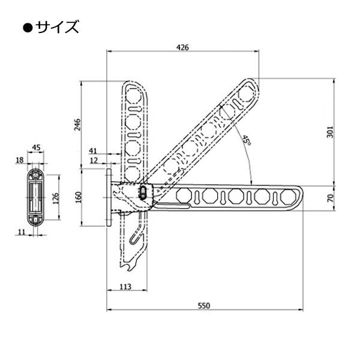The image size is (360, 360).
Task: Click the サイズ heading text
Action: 57,27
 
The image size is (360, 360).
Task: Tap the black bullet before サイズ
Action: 28,28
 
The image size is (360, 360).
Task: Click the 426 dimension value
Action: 182,47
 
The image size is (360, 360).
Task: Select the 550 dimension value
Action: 204,306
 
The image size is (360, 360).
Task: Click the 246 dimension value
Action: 78,124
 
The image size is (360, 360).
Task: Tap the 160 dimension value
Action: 78,197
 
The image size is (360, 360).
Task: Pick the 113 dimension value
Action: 125,287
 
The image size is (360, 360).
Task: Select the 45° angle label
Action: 247,140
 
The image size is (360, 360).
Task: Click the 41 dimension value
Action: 93,151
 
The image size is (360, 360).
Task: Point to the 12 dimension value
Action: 94,160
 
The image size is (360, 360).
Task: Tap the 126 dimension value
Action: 56,198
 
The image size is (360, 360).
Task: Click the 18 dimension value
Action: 20,160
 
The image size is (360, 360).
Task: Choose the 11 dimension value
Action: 21,232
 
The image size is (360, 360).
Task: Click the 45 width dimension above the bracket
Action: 36,148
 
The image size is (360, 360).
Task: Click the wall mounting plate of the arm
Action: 109,197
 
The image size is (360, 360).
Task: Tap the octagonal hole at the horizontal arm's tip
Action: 288,197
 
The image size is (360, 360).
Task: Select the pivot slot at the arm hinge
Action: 143,192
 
